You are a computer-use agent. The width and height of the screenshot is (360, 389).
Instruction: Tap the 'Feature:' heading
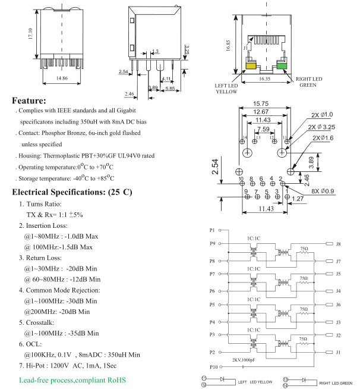tap(29, 101)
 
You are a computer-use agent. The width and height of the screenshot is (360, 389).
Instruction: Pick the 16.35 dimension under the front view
tap(265, 78)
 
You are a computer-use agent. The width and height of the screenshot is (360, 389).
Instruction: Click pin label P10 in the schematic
tap(213, 366)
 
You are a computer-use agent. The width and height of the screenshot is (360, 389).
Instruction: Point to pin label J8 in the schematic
tap(337, 244)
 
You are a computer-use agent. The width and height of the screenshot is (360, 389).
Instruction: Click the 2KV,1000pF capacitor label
tap(244, 360)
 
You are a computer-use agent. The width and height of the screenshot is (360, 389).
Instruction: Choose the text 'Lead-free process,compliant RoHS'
tap(68, 379)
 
